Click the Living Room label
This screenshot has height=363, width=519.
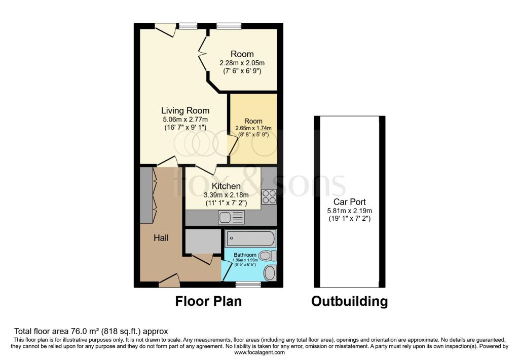(x=185, y=110)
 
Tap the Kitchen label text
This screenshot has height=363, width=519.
(x=226, y=186)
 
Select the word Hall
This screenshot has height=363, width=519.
(x=161, y=238)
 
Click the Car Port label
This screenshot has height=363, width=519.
(x=350, y=201)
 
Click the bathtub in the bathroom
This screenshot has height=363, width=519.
(x=250, y=238)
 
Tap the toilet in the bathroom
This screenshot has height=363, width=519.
(x=267, y=256)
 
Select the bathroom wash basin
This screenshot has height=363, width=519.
(x=270, y=273)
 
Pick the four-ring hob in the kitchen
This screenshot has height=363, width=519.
(x=269, y=196)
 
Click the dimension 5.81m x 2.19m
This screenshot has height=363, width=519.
(x=350, y=211)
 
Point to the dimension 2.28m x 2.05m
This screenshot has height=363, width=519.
(x=242, y=63)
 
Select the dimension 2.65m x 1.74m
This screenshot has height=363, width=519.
(x=253, y=129)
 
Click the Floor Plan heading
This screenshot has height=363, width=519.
(x=208, y=302)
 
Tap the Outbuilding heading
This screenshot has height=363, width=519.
(x=349, y=302)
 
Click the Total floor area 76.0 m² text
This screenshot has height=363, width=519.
(x=91, y=331)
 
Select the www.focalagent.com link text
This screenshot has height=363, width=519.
(x=259, y=352)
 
